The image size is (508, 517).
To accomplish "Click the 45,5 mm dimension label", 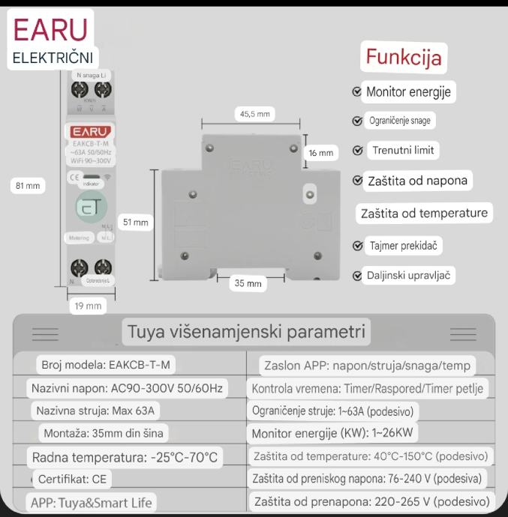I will pos(254,115).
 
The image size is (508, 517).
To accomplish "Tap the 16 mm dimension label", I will pos(320,153).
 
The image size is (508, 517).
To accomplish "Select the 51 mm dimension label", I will pos(136,223).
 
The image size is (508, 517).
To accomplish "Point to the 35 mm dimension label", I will pos(248,284).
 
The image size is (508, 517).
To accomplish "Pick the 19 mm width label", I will pos(88,306).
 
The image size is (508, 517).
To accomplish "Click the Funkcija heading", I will pos(403,57).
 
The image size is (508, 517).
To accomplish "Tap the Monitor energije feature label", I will pos(408,92).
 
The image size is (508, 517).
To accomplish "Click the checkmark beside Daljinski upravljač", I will pos(356,276).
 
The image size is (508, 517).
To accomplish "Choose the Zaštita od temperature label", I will pos(424,213).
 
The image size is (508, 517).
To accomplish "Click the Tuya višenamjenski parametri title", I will pos(246,331).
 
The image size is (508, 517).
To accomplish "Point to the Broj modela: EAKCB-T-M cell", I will pos(106,365).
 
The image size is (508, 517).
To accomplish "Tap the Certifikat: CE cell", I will pos(72,478).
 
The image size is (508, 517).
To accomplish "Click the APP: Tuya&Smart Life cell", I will pos(89,502).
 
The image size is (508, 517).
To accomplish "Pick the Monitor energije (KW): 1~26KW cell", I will pos(333,433).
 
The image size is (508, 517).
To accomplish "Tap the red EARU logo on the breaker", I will pos(89,132).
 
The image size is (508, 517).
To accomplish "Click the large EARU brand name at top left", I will pos(50,29).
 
